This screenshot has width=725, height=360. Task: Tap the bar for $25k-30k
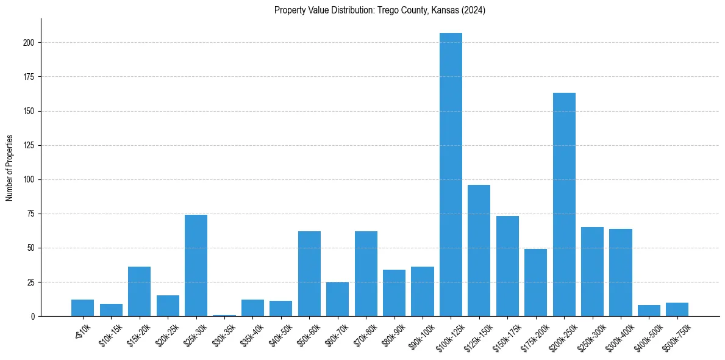click(196, 265)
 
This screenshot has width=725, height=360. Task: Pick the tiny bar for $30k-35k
click(224, 315)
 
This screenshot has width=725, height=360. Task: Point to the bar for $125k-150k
click(479, 250)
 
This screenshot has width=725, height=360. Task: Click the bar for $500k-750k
click(677, 309)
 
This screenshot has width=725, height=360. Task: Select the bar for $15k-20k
click(139, 292)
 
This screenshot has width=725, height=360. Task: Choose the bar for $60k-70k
click(337, 299)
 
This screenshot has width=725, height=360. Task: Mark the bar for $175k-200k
click(535, 283)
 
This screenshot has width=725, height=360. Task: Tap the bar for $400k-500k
click(649, 311)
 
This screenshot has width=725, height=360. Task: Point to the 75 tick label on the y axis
click(32, 214)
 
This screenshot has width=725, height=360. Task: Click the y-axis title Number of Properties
click(9, 168)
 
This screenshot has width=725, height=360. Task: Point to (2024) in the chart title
click(474, 10)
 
